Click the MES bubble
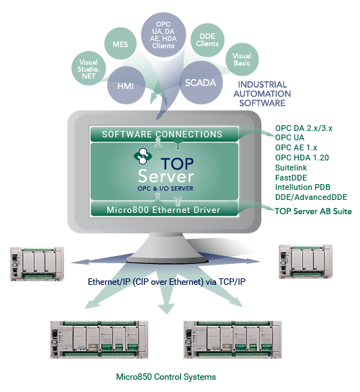pos(120,43)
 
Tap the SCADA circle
pos(201,83)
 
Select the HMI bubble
pos(126,86)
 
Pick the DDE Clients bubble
pos(207,40)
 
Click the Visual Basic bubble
pos(242,60)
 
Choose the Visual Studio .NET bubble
pos(89,68)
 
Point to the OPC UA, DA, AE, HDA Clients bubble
pos(163,35)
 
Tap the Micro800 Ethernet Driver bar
pos(164,209)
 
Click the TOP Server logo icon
pos(143,156)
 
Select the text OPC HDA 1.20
pos(302,158)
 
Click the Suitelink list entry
pos(291,168)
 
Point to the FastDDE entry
pos(291,178)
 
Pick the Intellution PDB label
pos(302,187)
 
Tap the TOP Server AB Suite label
pos(313,211)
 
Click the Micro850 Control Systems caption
pos(166,376)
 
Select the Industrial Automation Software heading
pos(262,94)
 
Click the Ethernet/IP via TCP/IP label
pos(166,282)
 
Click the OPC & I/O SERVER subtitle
pos(166,188)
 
